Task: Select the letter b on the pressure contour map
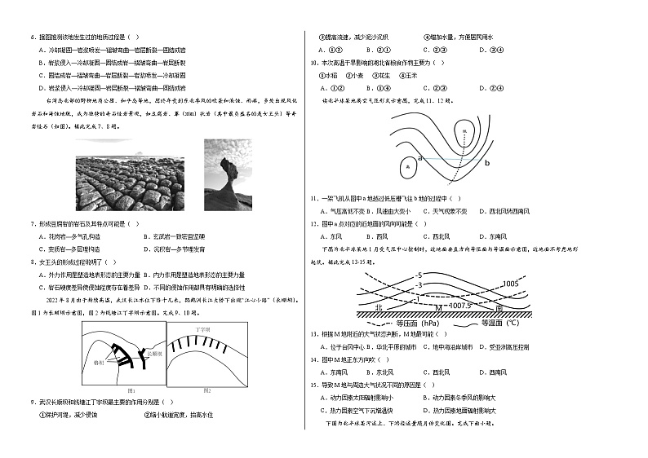click(x=486, y=163)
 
